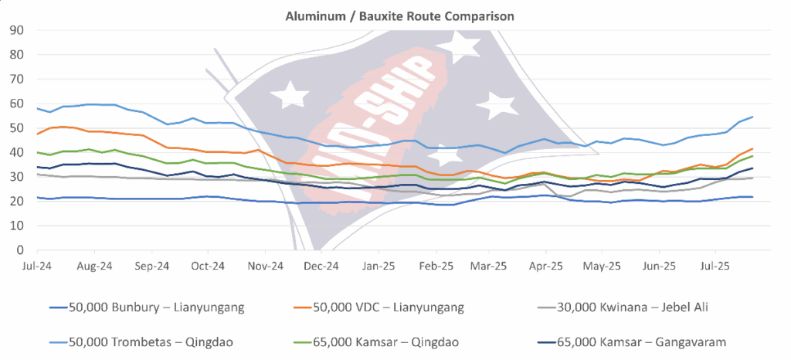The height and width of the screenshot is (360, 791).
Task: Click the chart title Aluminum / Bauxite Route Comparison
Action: tap(395, 15)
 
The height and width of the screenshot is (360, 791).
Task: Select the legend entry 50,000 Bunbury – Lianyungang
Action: tap(146, 307)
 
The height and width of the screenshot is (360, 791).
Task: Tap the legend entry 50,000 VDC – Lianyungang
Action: tap(389, 307)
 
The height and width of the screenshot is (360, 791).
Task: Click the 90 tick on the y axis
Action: tap(16, 30)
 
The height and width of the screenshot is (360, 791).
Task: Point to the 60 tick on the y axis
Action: tap(16, 104)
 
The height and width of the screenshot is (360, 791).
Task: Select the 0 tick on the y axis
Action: tap(19, 250)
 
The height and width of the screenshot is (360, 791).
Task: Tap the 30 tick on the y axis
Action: tap(16, 177)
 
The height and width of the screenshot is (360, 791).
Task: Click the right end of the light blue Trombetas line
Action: tap(753, 117)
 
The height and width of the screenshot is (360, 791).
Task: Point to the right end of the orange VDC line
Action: tap(753, 149)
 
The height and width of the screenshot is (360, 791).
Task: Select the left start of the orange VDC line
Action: tap(37, 134)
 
